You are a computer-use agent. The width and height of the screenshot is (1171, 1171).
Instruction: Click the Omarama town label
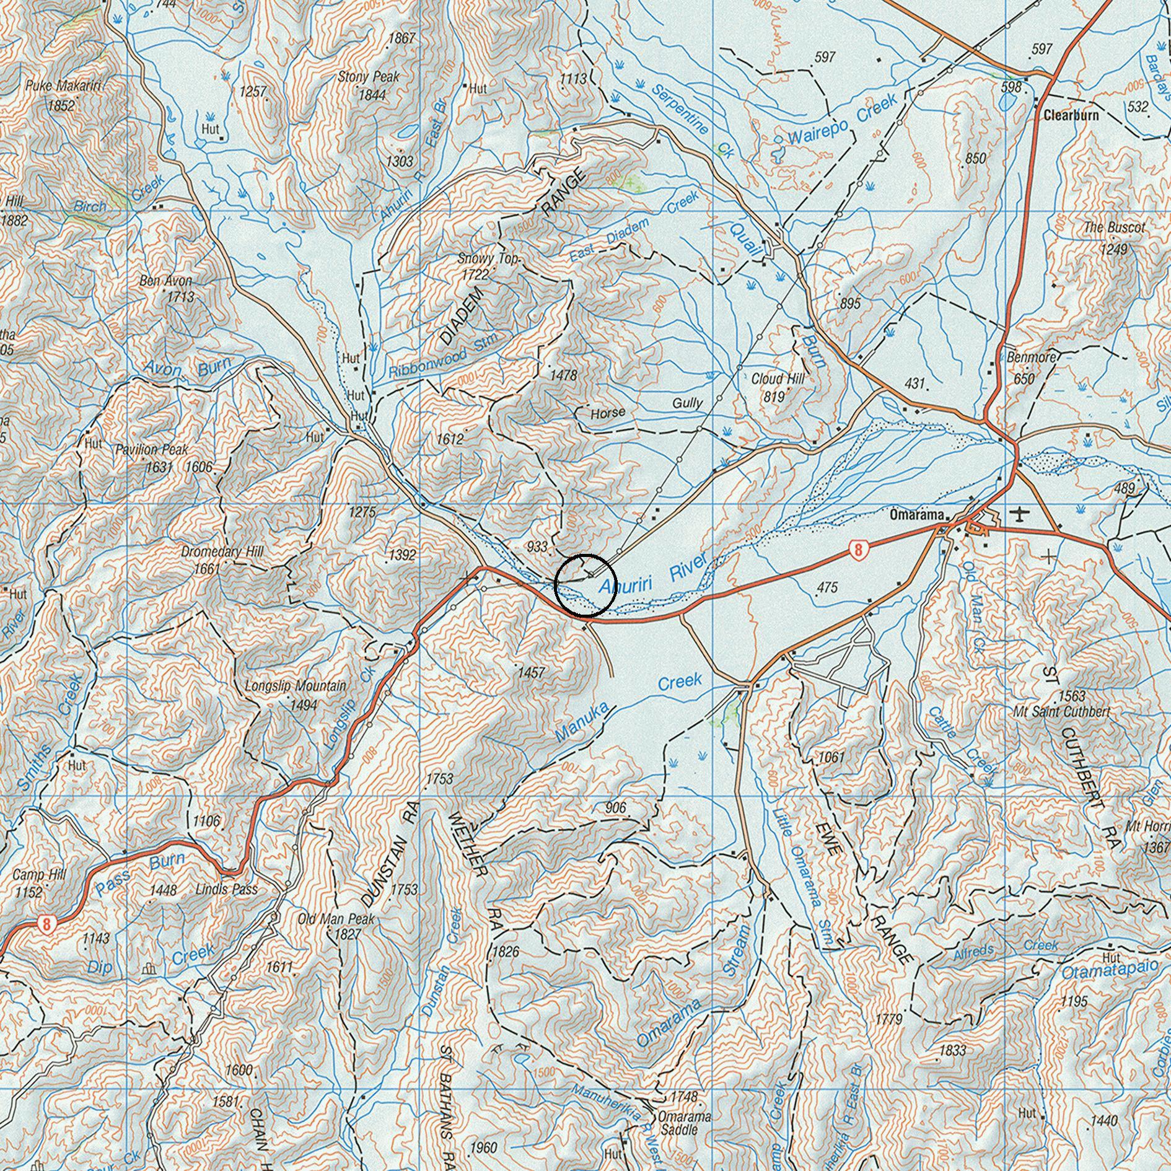[x=916, y=515]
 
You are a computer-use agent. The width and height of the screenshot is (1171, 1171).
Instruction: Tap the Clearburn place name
[x=1071, y=115]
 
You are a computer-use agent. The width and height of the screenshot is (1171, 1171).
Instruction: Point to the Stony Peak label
[x=369, y=77]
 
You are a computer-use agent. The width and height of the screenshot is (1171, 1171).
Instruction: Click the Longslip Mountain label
[x=296, y=686]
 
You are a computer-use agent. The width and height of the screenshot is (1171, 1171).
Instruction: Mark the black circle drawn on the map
[x=585, y=585]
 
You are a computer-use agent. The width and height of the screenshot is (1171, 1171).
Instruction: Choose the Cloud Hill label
[x=777, y=379]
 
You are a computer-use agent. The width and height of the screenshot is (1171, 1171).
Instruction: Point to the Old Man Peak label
[x=336, y=919]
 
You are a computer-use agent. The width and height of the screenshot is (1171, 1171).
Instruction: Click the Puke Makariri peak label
[x=63, y=86]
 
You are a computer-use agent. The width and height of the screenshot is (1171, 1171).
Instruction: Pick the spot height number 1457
[x=531, y=672]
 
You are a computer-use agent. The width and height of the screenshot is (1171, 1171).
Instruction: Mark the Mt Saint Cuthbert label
[x=1061, y=712]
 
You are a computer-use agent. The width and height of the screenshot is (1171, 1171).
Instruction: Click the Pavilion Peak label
[x=151, y=450]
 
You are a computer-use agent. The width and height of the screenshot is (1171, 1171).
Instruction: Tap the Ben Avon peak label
[x=165, y=281]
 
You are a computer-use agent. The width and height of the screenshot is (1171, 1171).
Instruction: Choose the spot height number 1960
[x=483, y=1147]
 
